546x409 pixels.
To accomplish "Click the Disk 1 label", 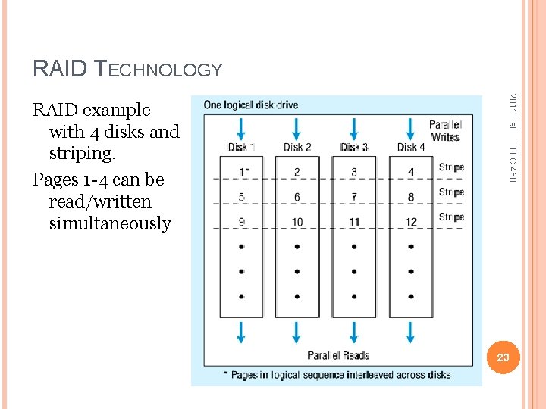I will coord(241,147).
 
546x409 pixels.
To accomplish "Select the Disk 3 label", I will coord(354,147).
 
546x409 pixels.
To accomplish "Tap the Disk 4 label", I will coord(411,147).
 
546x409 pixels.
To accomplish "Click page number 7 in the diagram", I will coord(354,197).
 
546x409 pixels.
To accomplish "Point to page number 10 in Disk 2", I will coord(297,222).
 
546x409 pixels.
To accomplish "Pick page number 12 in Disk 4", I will coord(410,222).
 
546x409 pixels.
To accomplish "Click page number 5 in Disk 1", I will coord(241,197).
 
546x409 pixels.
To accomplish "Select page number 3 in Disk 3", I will coord(354,173).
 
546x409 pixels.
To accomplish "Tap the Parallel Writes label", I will coord(445,131).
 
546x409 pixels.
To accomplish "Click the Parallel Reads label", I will coord(338,355).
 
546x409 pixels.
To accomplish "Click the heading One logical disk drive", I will coord(251,105).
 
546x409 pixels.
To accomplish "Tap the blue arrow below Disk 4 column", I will coord(410,332).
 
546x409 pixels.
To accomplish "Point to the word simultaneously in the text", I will coord(110,224).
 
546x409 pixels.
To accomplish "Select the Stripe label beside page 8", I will coord(451,192).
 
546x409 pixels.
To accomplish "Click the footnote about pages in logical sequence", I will coord(337,374).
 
